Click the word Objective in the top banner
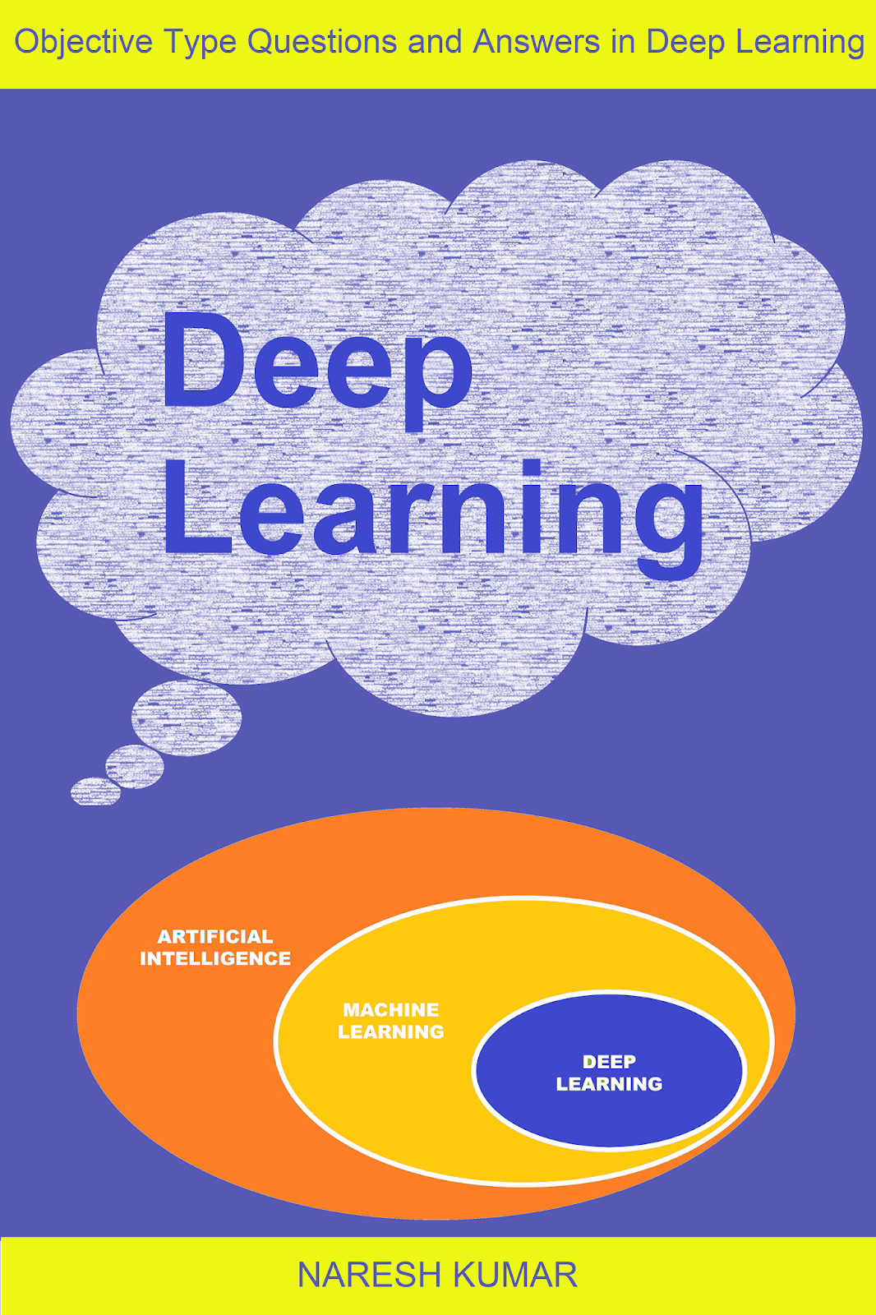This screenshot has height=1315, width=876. click(x=83, y=43)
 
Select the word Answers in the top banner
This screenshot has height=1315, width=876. click(x=536, y=43)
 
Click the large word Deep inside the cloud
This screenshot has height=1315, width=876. click(x=316, y=366)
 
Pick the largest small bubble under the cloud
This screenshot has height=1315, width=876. click(x=187, y=717)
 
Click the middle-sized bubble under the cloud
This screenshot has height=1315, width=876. click(x=135, y=767)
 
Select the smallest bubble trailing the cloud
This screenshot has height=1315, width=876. click(x=95, y=791)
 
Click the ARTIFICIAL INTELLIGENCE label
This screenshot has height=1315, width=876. click(x=215, y=948)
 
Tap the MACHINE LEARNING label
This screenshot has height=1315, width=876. click(x=391, y=1021)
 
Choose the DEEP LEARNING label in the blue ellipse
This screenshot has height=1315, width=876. click(x=609, y=1073)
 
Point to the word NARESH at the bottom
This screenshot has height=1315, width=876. click(x=369, y=1275)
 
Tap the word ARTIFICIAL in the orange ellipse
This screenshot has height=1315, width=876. click(x=215, y=937)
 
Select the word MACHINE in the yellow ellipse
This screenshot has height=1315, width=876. click(x=391, y=1010)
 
